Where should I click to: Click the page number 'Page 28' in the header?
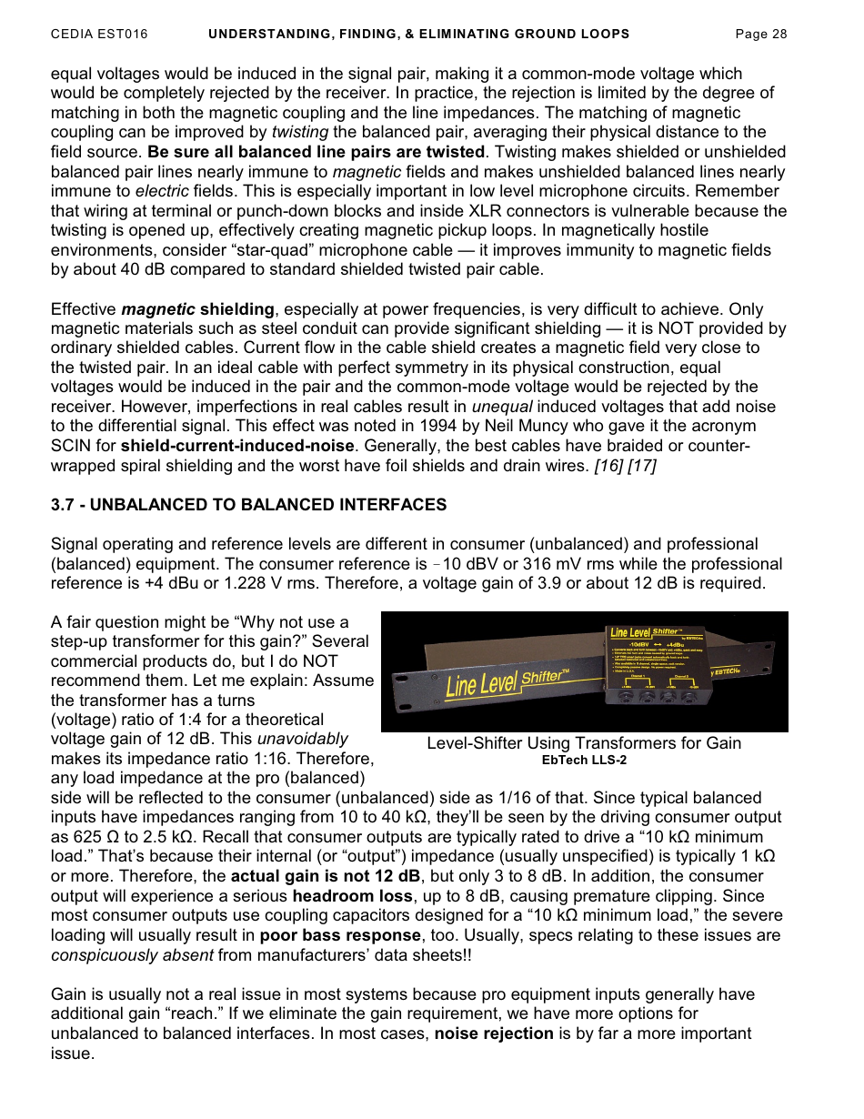coord(760,35)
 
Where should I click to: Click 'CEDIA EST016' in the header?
coord(99,35)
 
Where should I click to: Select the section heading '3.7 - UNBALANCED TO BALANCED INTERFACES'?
coord(248,505)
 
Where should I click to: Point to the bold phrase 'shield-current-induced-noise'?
coord(236,447)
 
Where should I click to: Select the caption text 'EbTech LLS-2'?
coord(584,761)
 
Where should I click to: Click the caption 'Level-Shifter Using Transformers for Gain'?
coord(584,743)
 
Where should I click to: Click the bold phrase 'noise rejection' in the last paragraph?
coord(494,1033)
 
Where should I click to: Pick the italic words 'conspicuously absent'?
coord(132,955)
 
